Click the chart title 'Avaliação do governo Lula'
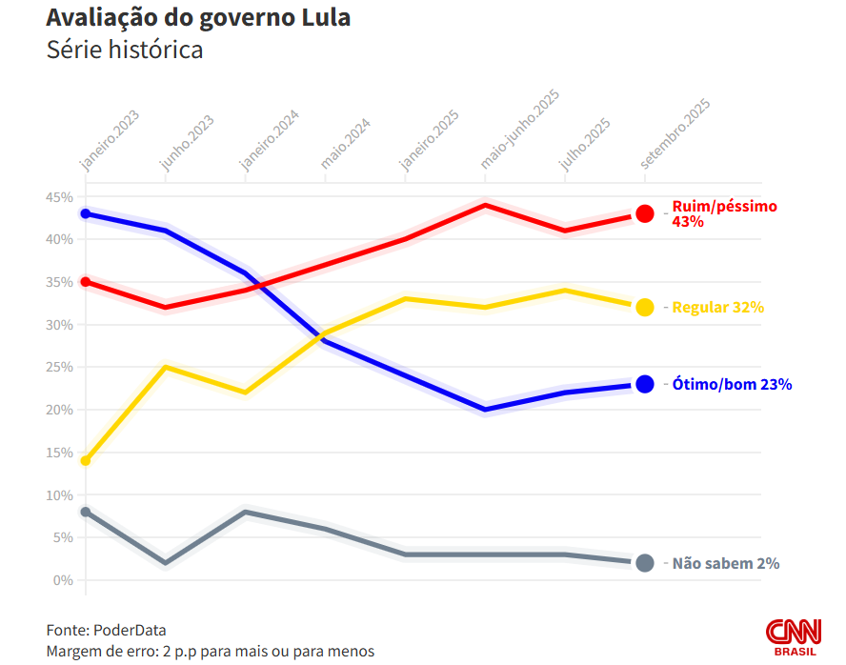click(x=198, y=18)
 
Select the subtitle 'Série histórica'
click(x=125, y=50)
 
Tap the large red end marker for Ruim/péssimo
click(x=645, y=213)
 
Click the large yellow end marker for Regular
click(x=645, y=307)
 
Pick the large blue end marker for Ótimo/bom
click(x=645, y=384)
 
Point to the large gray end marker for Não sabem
click(x=645, y=563)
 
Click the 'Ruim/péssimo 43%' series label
click(x=724, y=213)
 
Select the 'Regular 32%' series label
click(x=718, y=308)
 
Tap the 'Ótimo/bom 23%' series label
click(x=732, y=385)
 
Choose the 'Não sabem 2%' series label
click(x=726, y=563)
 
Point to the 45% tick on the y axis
click(x=59, y=197)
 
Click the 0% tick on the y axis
click(x=63, y=580)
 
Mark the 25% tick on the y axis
click(x=59, y=368)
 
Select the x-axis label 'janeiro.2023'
click(x=111, y=141)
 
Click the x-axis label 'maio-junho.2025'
click(x=519, y=131)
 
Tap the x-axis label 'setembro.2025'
click(x=675, y=133)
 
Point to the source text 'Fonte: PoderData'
click(x=106, y=630)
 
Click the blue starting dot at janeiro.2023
click(x=86, y=213)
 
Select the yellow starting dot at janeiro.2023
click(x=86, y=461)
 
